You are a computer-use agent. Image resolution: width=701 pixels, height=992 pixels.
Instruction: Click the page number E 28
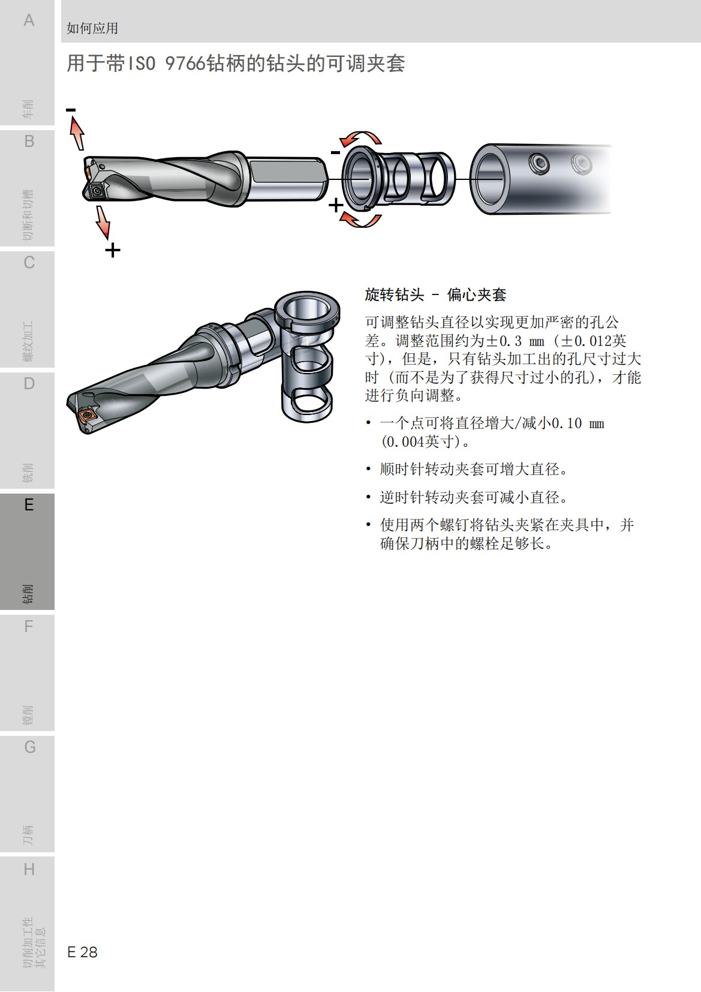(82, 952)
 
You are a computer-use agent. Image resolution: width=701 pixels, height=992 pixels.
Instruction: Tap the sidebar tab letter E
(29, 505)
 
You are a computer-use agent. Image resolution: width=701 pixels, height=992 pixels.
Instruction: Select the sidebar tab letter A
(29, 20)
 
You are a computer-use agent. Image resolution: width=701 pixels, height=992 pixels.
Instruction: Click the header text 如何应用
(92, 28)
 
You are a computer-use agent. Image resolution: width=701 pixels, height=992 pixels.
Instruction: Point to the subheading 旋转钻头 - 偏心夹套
(435, 294)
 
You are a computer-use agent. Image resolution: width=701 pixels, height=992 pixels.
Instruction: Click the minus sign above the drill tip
(71, 110)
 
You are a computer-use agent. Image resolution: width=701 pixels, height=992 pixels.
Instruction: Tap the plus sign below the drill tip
(112, 249)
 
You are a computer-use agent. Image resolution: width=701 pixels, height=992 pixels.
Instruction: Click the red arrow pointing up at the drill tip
(77, 133)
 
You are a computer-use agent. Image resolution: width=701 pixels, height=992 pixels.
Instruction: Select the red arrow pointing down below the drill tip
(103, 223)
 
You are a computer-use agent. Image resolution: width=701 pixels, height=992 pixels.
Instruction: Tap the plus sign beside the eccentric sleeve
(336, 206)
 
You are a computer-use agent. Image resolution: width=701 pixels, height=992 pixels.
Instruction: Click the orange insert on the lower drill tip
(88, 416)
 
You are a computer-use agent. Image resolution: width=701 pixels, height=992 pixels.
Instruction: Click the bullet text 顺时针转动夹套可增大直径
(474, 469)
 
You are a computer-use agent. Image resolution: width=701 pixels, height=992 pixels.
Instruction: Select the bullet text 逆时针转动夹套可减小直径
(474, 497)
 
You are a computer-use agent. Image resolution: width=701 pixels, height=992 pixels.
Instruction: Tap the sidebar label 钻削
(28, 593)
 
